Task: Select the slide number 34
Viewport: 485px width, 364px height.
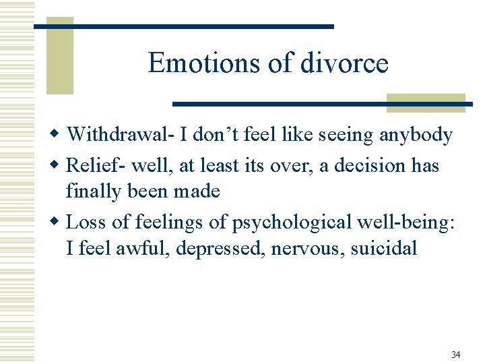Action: click(x=455, y=355)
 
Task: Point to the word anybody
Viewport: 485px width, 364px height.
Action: click(x=416, y=135)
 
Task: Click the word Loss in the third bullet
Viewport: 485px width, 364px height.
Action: click(x=86, y=222)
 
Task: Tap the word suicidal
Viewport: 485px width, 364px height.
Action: click(x=384, y=248)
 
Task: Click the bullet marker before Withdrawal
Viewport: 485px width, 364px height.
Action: click(x=59, y=136)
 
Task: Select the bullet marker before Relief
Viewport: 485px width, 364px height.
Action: click(x=59, y=166)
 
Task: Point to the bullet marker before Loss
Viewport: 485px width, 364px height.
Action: click(x=59, y=222)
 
